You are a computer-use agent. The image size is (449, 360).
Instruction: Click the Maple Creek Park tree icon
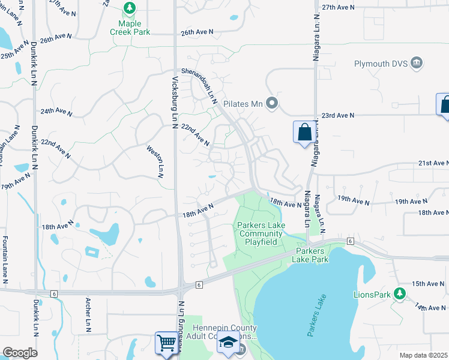point(129,8)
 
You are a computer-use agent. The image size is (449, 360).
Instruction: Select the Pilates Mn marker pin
point(272,104)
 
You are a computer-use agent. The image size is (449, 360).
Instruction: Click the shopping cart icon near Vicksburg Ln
point(166,343)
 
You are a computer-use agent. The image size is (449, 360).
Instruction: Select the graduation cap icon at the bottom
point(228,344)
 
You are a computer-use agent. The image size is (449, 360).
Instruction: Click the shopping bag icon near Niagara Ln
point(304,132)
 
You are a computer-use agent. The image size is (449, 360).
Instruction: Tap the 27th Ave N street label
point(339,7)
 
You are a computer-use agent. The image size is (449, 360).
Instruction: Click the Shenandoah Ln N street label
point(202,84)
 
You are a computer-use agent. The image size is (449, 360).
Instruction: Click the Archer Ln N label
point(88,315)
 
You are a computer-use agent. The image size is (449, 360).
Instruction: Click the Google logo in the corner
point(19,352)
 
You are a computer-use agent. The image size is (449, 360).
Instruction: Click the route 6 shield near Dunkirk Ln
point(54,293)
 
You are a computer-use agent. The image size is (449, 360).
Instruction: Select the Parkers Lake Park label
point(310,255)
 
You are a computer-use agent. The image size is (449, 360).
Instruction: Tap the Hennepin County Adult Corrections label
point(224,332)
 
